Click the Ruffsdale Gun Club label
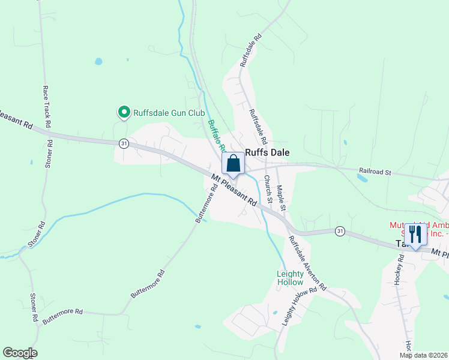(169, 113)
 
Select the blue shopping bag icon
(233, 163)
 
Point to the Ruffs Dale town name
(267, 153)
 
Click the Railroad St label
(375, 172)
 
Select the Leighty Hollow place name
(290, 278)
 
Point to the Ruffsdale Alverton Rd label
(306, 262)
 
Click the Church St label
(268, 190)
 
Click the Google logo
(20, 353)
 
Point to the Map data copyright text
(423, 355)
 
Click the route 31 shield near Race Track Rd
(124, 143)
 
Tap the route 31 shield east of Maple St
(340, 231)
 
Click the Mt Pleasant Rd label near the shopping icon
(234, 190)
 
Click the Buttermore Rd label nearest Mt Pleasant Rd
(206, 206)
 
